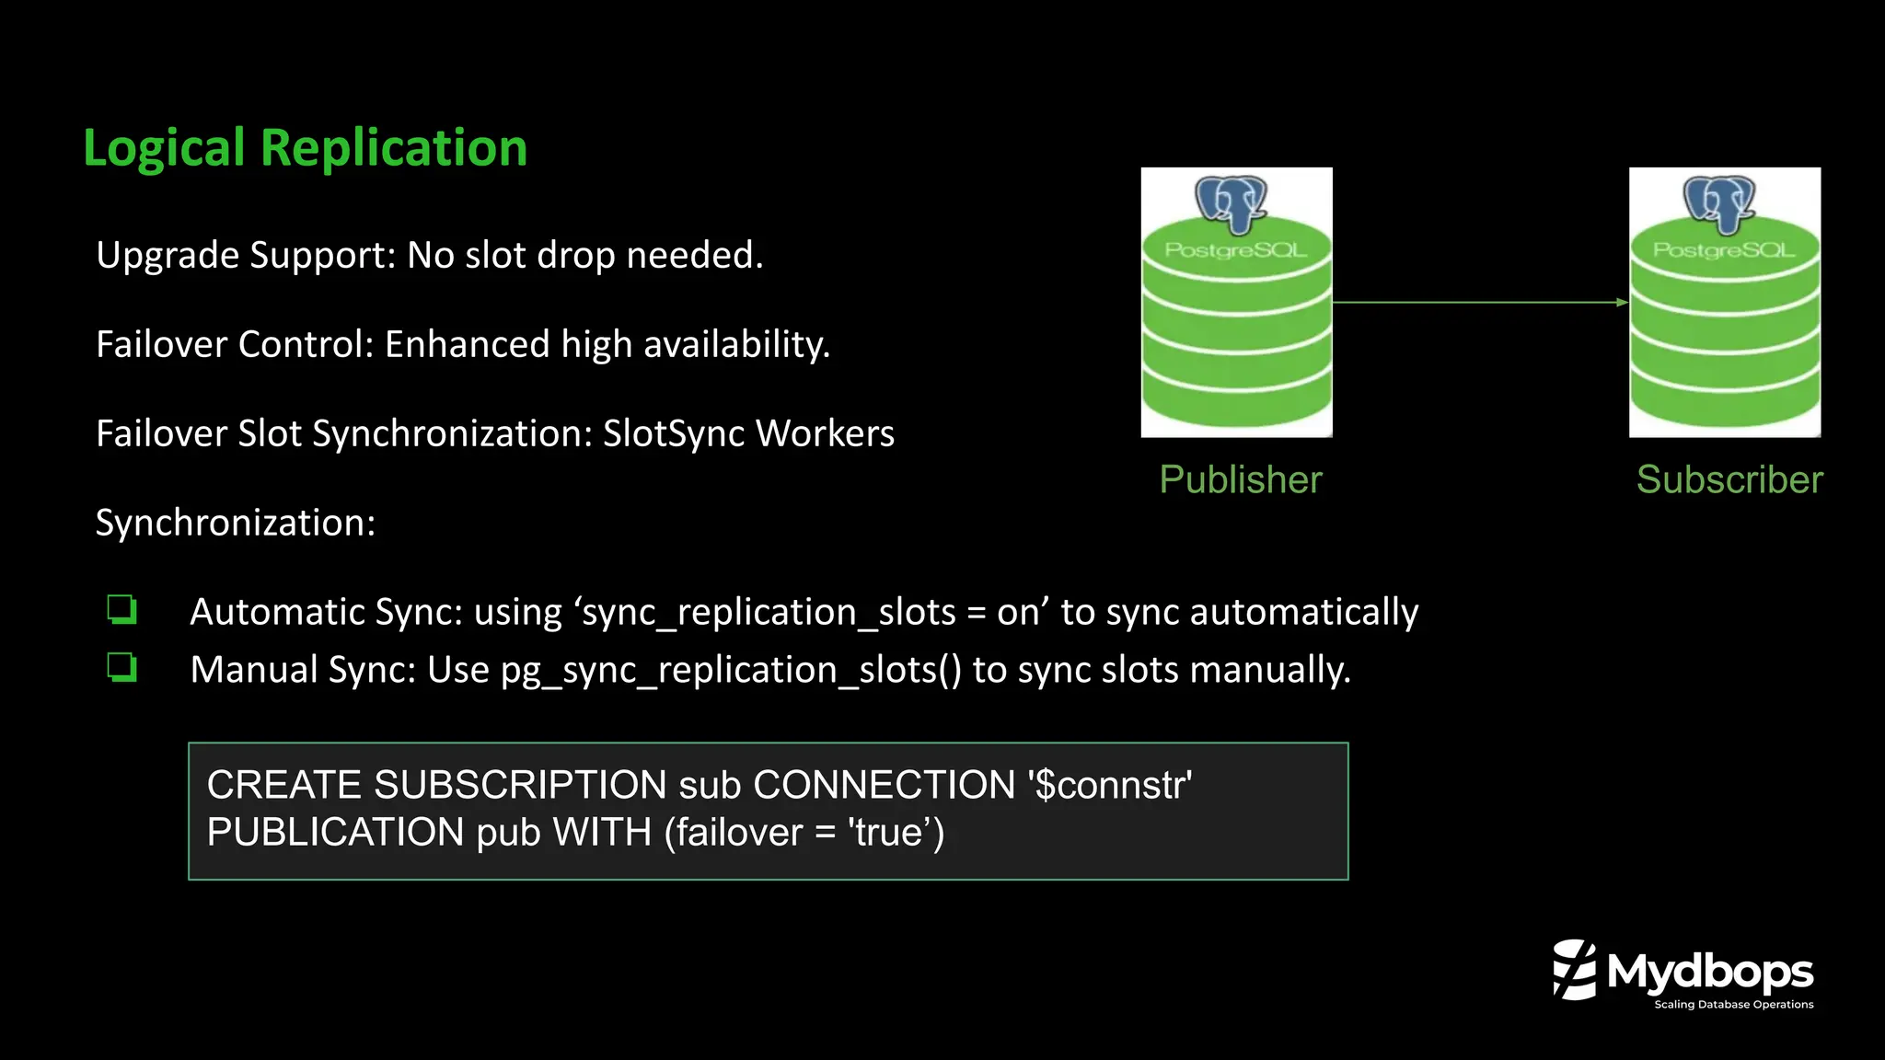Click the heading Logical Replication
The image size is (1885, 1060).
coord(305,148)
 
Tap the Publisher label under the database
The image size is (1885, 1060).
coord(1240,479)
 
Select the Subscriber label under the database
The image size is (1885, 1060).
coord(1729,479)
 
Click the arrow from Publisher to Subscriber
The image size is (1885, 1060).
coord(1480,302)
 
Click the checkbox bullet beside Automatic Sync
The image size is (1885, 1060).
coord(121,610)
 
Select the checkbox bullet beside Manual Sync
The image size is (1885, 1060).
coord(121,667)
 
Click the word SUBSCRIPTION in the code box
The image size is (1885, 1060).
coord(520,785)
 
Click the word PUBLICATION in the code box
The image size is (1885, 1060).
coord(335,833)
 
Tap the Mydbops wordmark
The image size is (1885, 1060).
coord(1709,972)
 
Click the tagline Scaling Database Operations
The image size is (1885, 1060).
coord(1733,1005)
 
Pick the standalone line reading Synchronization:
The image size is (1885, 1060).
coord(236,523)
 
